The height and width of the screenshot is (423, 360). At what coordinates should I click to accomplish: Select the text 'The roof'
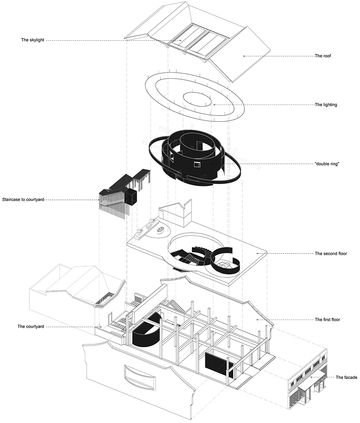[322, 56]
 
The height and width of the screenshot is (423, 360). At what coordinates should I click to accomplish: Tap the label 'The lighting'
[325, 105]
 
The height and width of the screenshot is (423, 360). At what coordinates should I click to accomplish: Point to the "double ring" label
[327, 164]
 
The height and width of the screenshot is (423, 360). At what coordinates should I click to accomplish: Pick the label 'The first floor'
[328, 320]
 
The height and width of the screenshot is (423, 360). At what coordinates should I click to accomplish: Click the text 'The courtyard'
[31, 327]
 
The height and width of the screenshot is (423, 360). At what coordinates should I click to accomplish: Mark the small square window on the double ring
[196, 165]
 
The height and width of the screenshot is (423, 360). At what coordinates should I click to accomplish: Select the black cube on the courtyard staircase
[130, 196]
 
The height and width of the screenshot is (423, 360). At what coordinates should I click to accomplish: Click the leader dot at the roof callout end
[244, 56]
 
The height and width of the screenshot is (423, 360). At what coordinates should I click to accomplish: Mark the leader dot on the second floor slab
[257, 253]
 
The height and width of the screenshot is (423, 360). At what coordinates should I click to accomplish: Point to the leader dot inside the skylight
[180, 40]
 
